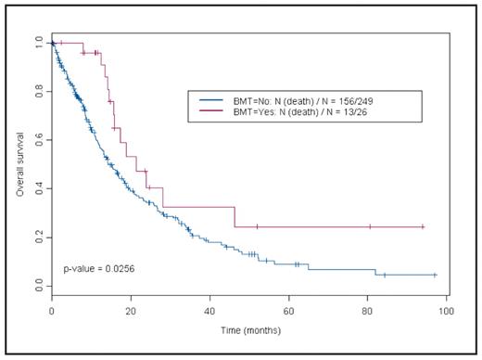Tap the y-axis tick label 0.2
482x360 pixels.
click(x=37, y=238)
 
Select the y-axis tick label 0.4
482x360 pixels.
click(x=37, y=188)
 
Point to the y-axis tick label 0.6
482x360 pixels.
click(x=37, y=140)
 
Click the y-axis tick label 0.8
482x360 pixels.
click(x=37, y=92)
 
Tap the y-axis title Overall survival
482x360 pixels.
click(x=19, y=165)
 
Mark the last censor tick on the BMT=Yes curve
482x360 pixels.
click(x=423, y=226)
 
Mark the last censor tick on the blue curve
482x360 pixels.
click(x=434, y=275)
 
